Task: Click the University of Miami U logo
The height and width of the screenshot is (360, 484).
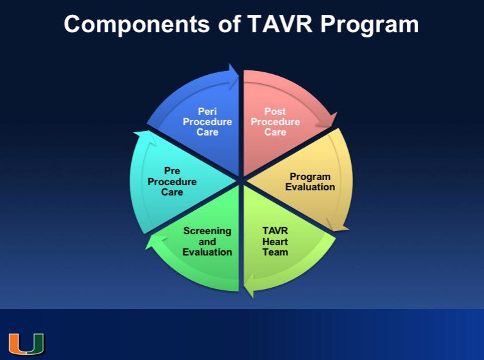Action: pyautogui.click(x=26, y=343)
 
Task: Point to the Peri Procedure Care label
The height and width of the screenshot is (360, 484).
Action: pyautogui.click(x=207, y=122)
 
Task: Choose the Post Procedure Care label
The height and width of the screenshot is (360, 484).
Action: pyautogui.click(x=275, y=122)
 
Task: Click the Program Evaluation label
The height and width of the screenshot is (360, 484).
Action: pyautogui.click(x=310, y=181)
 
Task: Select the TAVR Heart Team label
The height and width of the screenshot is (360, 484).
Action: pyautogui.click(x=275, y=241)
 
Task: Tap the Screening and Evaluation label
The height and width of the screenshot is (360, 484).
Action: pyautogui.click(x=207, y=241)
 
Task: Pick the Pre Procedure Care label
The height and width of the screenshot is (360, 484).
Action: pyautogui.click(x=172, y=181)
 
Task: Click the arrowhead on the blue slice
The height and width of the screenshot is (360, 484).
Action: pyautogui.click(x=231, y=70)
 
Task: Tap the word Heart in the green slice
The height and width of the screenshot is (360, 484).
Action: pyautogui.click(x=275, y=241)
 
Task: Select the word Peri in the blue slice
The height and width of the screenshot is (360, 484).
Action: pyautogui.click(x=207, y=112)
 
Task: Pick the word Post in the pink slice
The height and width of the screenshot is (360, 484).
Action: pyautogui.click(x=275, y=112)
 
